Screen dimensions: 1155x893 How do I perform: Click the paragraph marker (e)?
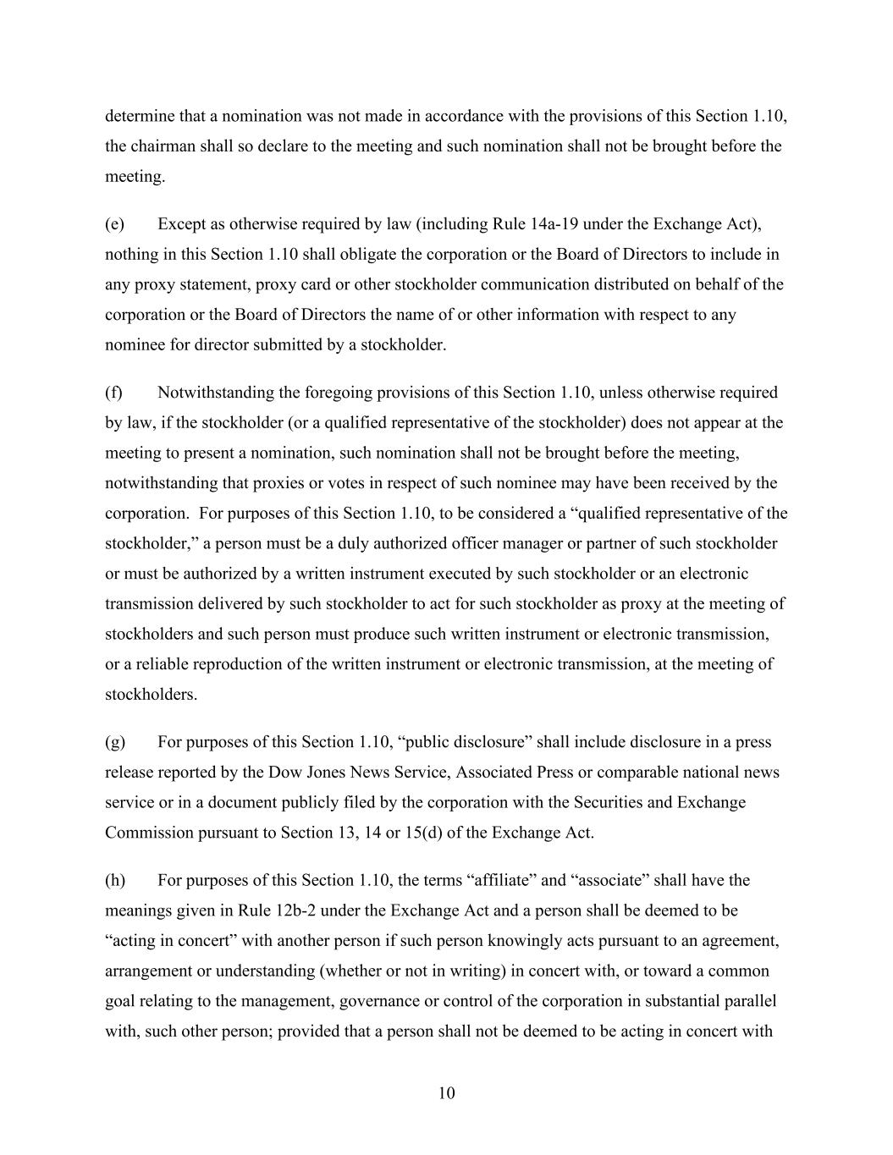click(x=114, y=224)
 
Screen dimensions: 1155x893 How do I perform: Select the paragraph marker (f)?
click(x=113, y=393)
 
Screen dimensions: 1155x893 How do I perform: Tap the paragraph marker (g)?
click(x=114, y=742)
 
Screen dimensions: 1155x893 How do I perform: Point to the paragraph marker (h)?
click(x=114, y=880)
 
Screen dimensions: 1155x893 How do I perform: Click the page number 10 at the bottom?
click(x=447, y=1093)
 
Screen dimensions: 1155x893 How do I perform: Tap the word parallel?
click(x=747, y=1002)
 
